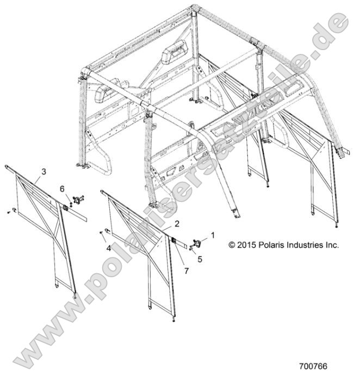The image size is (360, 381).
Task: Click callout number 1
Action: (213, 235)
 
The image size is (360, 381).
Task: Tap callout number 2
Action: (177, 224)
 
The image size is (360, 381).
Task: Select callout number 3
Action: (44, 172)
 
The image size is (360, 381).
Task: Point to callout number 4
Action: (109, 248)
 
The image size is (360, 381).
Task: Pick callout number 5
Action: (200, 259)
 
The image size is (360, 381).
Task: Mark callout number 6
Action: (63, 188)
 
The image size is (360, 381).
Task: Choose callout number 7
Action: (187, 271)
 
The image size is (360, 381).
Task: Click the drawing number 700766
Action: (314, 366)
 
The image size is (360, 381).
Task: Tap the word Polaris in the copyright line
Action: (272, 245)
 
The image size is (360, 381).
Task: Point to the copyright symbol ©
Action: (232, 245)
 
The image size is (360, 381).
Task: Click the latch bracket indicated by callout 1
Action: (197, 243)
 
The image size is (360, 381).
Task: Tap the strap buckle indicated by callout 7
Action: (174, 241)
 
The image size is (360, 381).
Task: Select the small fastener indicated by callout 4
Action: (101, 233)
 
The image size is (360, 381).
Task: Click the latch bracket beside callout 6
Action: (78, 200)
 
